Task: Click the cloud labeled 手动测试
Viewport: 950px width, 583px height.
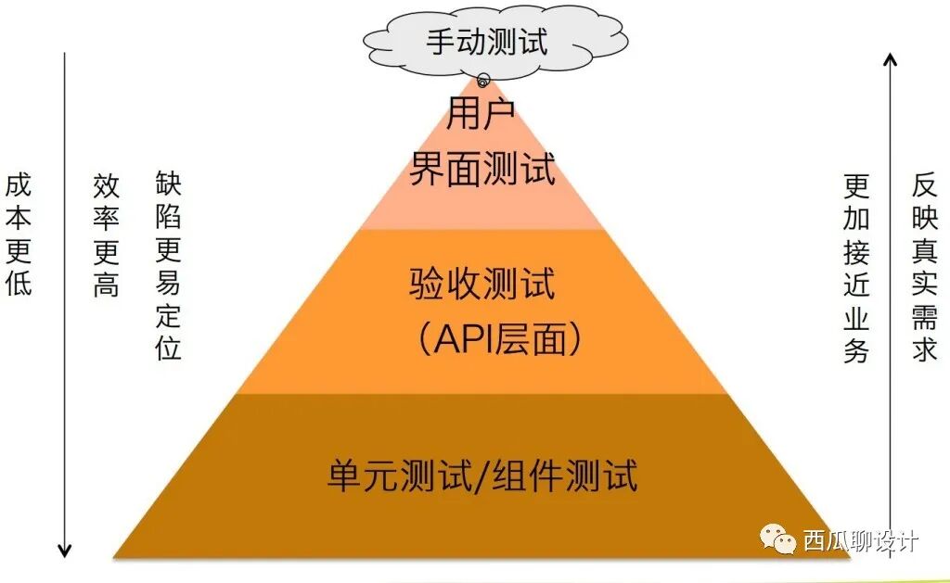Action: click(x=485, y=41)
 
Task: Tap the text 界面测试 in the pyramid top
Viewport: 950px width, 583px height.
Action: click(x=482, y=170)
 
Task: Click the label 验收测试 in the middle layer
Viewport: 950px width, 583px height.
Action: click(x=482, y=283)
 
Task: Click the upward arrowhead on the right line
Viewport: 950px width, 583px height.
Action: click(x=890, y=60)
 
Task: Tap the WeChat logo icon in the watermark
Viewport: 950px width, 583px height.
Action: click(x=777, y=539)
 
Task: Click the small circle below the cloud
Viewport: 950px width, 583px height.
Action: click(x=482, y=81)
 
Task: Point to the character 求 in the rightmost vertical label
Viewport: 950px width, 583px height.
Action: click(x=925, y=349)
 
